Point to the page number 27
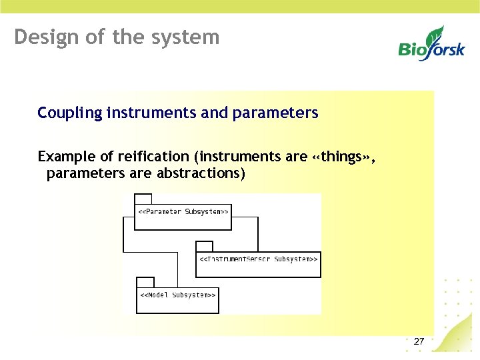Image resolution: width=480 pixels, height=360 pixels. coord(419,341)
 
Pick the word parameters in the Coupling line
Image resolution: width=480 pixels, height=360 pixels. coord(275,113)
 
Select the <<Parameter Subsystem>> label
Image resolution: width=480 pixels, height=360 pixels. coord(183,212)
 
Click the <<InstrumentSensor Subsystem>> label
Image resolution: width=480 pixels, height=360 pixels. coord(258,259)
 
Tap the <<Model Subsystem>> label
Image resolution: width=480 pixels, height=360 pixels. coord(177,295)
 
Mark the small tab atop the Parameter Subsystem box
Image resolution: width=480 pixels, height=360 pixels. coord(143,199)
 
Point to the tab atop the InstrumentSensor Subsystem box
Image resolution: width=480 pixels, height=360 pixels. coord(204,246)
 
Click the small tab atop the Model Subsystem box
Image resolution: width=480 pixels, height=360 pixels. coord(145,282)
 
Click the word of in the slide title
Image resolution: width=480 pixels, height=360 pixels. coord(98,37)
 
